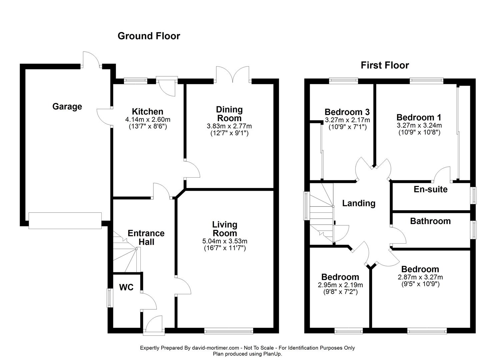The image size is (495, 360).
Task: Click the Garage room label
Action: pyautogui.click(x=67, y=107)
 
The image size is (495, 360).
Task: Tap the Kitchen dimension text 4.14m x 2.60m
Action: pyautogui.click(x=148, y=119)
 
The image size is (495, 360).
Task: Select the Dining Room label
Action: pyautogui.click(x=229, y=114)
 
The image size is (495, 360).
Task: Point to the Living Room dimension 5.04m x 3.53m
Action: pyautogui.click(x=225, y=241)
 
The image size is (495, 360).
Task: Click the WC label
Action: pyautogui.click(x=126, y=287)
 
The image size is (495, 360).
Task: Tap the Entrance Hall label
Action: pyautogui.click(x=146, y=237)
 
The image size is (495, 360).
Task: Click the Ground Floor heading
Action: pyautogui.click(x=149, y=36)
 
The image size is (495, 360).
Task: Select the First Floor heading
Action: pyautogui.click(x=385, y=65)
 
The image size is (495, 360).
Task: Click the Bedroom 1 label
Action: pyautogui.click(x=419, y=117)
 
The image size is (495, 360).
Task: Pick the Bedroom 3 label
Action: pyautogui.click(x=347, y=112)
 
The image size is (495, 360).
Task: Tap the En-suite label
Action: pyautogui.click(x=430, y=189)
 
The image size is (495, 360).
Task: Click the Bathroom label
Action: pyautogui.click(x=430, y=221)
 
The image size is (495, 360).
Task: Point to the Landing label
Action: pyautogui.click(x=359, y=203)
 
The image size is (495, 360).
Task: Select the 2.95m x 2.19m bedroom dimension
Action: pyautogui.click(x=340, y=285)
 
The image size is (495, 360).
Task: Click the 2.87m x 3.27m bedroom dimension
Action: pyautogui.click(x=420, y=277)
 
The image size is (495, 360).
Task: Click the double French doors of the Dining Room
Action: pyautogui.click(x=232, y=74)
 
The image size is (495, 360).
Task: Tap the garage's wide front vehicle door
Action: pyautogui.click(x=65, y=221)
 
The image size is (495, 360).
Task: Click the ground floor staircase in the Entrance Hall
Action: pyautogui.click(x=126, y=254)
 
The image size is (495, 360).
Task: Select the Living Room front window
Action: pyautogui.click(x=229, y=331)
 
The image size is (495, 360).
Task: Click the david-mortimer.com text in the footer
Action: pyautogui.click(x=215, y=348)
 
